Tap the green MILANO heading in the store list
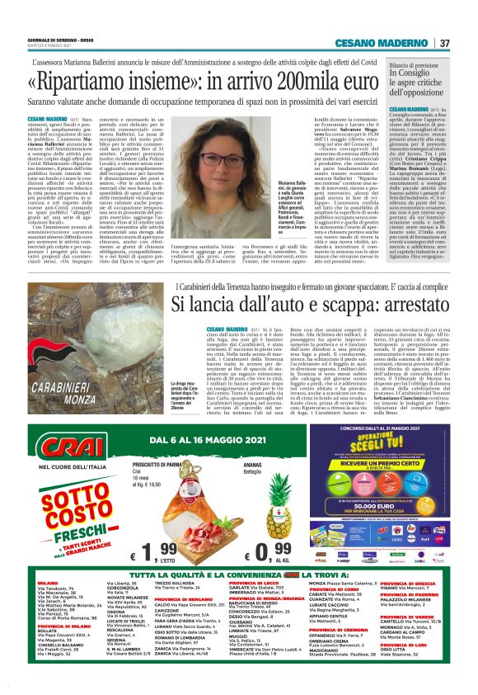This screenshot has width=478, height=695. [48, 582]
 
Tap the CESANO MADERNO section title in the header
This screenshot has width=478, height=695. [389, 43]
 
